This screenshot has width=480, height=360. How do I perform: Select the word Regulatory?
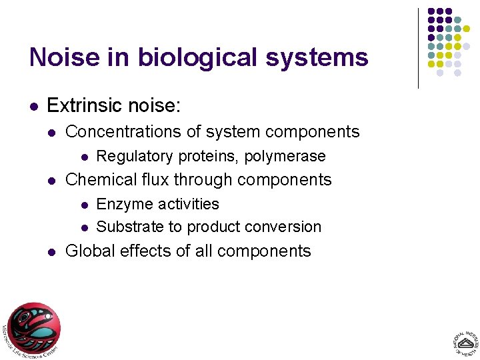click(135, 156)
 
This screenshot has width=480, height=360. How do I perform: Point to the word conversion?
click(285, 227)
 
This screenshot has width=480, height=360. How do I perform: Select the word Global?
click(90, 251)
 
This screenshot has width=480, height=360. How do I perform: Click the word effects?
click(145, 251)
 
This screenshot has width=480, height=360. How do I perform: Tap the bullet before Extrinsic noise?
click(33, 106)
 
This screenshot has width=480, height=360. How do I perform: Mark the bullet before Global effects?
click(51, 252)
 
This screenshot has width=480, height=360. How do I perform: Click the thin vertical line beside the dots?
click(418, 48)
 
